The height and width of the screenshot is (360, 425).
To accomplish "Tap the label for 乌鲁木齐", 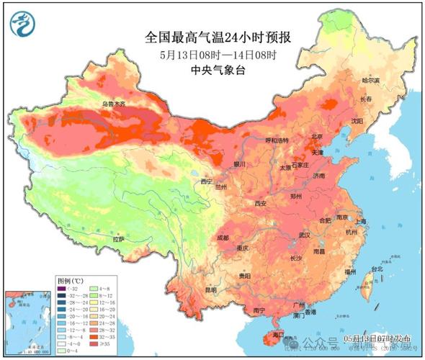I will [x=112, y=104].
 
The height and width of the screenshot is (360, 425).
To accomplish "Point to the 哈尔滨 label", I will [x=370, y=81].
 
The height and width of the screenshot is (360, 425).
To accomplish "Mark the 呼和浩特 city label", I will [x=259, y=140].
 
